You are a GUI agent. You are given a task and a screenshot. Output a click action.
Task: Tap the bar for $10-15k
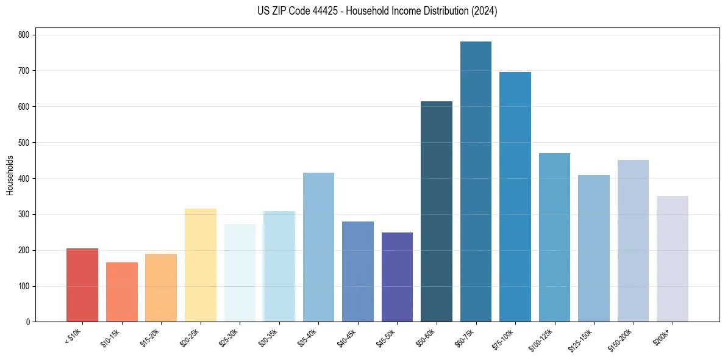122,292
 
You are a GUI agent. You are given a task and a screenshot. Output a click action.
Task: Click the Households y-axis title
10,175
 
